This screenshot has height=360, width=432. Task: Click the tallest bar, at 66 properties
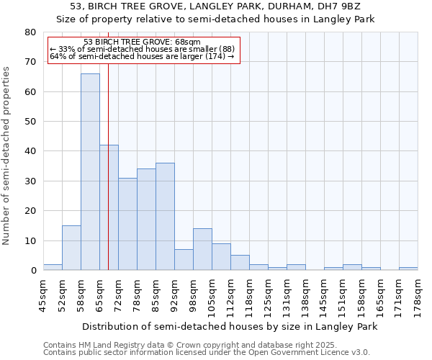click(90, 172)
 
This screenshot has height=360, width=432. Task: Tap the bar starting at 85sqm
click(165, 217)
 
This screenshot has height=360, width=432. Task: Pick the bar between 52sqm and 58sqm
click(71, 248)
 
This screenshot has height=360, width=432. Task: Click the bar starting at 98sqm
click(202, 249)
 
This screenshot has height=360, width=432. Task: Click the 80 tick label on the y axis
click(30, 32)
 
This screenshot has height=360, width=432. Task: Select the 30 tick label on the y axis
click(30, 181)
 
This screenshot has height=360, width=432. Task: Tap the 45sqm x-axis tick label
click(43, 294)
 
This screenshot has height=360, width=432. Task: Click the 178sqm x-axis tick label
click(418, 294)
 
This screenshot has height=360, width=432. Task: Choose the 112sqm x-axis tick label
click(230, 294)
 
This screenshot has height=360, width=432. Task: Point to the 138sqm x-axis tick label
click(305, 294)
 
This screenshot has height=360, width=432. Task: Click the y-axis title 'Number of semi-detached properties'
click(7, 156)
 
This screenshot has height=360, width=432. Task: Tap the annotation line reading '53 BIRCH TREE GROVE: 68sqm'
click(142, 42)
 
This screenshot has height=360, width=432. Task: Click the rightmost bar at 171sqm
click(408, 269)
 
